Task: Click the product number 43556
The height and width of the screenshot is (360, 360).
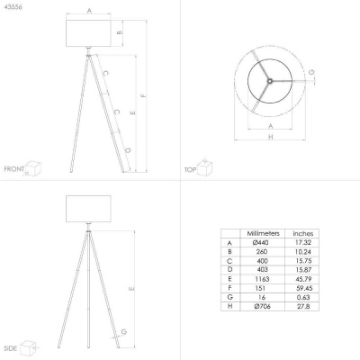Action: tap(13, 7)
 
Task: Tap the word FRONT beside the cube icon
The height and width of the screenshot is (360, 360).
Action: tap(14, 169)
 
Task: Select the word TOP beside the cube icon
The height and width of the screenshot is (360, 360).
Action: tap(190, 170)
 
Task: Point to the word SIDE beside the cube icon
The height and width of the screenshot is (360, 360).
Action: tap(11, 348)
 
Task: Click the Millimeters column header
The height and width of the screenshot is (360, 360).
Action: tap(263, 233)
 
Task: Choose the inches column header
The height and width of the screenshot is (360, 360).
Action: tap(303, 234)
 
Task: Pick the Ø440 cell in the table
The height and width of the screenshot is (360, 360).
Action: tap(261, 242)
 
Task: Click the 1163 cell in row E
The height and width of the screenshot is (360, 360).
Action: tap(262, 279)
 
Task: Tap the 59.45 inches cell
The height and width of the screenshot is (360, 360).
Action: tap(304, 288)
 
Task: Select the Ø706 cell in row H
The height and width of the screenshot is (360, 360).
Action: tap(262, 306)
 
